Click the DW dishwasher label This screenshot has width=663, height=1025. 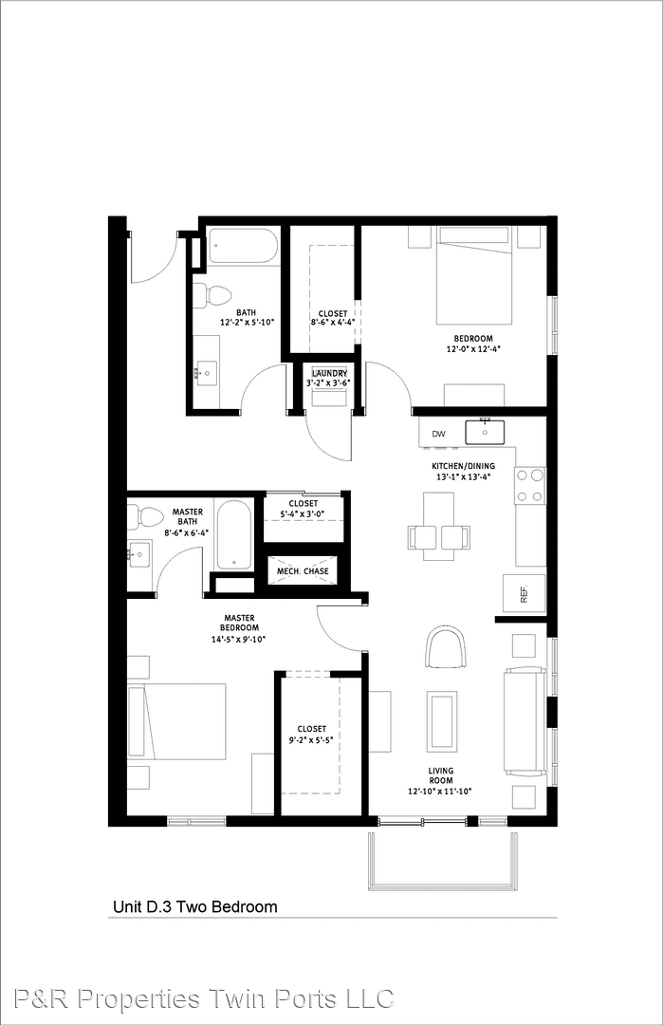click(438, 434)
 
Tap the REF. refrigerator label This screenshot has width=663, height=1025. click(524, 594)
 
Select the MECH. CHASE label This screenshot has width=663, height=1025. click(304, 571)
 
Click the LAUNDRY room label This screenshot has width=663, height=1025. click(330, 373)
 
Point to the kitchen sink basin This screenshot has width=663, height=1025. click(486, 432)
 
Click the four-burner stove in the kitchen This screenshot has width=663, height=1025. click(530, 485)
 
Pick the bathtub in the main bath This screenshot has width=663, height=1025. click(243, 246)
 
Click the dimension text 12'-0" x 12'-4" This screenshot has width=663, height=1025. click(473, 348)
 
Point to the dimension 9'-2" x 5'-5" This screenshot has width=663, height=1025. click(311, 740)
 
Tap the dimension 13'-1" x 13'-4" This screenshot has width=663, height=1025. click(463, 476)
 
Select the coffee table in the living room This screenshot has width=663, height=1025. click(442, 721)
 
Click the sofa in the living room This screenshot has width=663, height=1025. click(525, 721)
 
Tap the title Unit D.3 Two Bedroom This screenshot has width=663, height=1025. click(195, 906)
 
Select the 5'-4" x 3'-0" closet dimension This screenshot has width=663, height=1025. click(304, 513)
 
